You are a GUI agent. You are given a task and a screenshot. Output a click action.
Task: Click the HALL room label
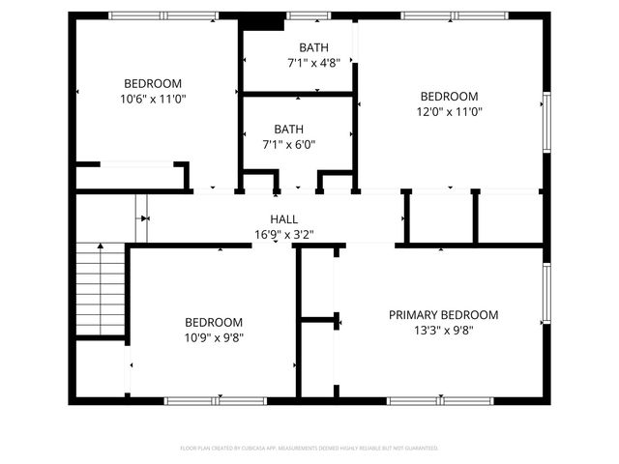point(283,219)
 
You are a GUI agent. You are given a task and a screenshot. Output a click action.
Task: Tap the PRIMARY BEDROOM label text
point(443,315)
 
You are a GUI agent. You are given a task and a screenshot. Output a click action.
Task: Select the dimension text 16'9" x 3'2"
point(283,234)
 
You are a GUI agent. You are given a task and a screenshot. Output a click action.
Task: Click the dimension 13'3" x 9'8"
point(443,330)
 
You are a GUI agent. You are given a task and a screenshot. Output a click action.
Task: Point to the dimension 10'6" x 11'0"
point(152,98)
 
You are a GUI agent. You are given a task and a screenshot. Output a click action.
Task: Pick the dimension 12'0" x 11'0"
point(449,111)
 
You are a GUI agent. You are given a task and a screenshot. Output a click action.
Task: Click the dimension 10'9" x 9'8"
point(214,337)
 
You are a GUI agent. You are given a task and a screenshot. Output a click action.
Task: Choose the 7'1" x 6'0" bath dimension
point(288,144)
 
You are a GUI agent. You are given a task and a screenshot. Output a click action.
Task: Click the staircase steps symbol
point(101,290)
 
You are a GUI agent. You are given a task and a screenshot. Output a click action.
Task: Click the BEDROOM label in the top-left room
point(152,83)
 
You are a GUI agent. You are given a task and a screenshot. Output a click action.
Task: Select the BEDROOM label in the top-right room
point(449,97)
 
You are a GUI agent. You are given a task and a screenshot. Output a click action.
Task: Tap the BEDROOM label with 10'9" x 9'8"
point(214,323)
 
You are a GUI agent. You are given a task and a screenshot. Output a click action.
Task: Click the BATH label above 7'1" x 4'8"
point(313,47)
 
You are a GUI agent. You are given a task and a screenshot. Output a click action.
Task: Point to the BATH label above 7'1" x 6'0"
point(288,130)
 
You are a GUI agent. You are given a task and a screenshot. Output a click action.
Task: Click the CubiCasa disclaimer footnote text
point(309,449)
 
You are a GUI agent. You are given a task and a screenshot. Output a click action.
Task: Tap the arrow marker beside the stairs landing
point(144,218)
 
